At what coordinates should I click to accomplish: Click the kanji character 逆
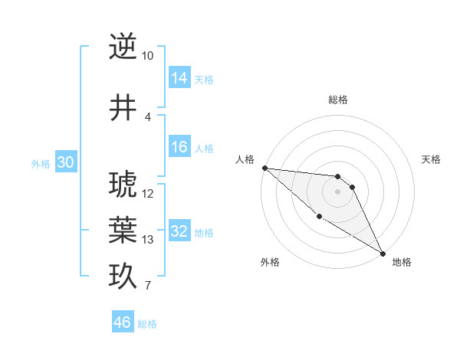[123, 47]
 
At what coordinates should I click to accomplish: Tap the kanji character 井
[123, 108]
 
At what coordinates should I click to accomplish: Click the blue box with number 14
[179, 78]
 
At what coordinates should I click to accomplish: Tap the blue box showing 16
[179, 147]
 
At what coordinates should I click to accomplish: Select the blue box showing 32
[179, 231]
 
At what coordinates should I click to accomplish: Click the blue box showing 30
[65, 162]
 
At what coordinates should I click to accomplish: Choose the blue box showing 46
[123, 322]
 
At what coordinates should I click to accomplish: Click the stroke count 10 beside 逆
[147, 56]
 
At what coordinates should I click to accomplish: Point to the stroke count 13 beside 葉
[147, 240]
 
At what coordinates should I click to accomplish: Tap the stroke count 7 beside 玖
[147, 286]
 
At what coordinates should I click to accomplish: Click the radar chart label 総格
[338, 100]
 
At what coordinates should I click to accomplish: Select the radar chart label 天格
[431, 159]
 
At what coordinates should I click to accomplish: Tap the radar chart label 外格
[269, 262]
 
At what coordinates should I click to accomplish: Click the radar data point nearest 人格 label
[264, 168]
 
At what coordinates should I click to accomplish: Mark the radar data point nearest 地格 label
[383, 253]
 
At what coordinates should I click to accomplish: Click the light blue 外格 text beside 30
[40, 163]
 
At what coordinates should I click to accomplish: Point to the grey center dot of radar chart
[337, 191]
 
